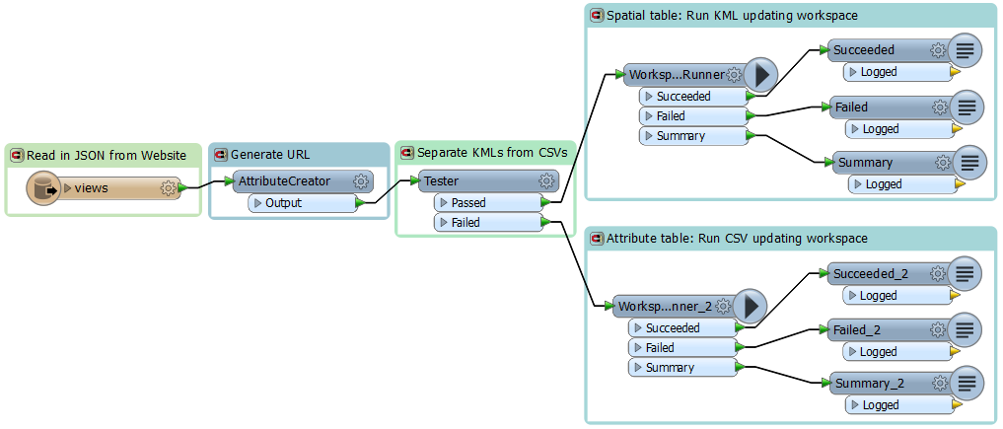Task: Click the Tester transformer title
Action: [442, 181]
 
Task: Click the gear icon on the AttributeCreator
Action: [361, 181]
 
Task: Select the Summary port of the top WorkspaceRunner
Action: [693, 135]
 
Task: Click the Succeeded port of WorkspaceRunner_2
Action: [683, 328]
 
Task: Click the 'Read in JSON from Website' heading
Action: [107, 155]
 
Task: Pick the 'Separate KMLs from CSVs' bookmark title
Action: [492, 153]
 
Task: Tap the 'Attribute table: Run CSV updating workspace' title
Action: [737, 239]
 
